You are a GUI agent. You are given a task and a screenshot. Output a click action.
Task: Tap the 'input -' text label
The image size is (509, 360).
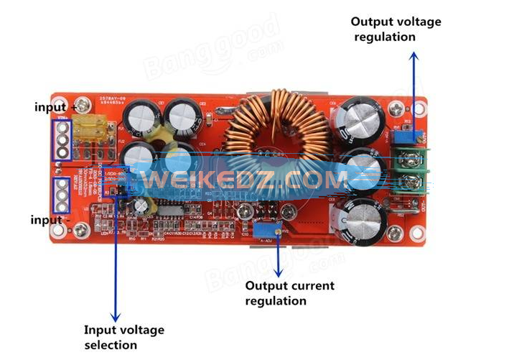coord(51,219)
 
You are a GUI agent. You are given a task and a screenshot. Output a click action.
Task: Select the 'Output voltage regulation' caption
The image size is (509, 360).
coord(395,29)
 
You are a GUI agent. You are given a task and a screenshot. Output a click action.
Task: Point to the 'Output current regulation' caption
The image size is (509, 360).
coord(289,292)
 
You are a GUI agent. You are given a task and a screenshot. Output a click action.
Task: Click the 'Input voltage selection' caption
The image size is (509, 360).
coord(123,337)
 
